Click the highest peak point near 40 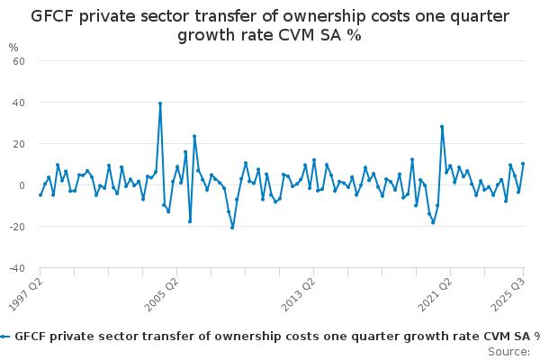160,103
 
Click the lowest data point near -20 232,228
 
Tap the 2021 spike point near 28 442,127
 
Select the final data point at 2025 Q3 523,164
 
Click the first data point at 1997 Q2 40,195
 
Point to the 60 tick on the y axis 18,61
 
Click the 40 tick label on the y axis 18,103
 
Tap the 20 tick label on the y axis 18,144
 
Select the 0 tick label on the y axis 21,185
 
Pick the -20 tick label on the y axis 16,227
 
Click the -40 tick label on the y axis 16,268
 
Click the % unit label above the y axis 13,47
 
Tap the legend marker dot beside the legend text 5,336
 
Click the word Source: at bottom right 509,351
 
